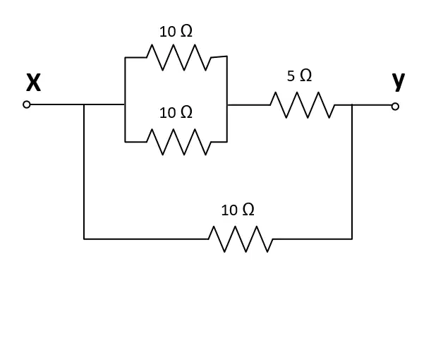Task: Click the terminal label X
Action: [x=33, y=83]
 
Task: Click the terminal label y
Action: [x=399, y=82]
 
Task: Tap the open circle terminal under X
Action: [x=27, y=104]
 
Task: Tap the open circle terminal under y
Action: [x=395, y=107]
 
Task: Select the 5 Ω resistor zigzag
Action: [x=303, y=105]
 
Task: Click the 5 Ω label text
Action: [x=300, y=76]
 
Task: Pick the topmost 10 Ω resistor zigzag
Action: [x=179, y=57]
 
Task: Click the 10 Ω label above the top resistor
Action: [x=176, y=31]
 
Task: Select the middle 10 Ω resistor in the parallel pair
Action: [x=179, y=142]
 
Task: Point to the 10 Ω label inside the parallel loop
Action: [x=176, y=112]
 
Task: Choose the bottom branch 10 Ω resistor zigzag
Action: [x=241, y=239]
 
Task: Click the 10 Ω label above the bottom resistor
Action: [x=238, y=210]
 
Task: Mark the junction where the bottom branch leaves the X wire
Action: [x=84, y=104]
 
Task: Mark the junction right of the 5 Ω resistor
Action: [x=352, y=105]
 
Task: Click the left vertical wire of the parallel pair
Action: [x=125, y=100]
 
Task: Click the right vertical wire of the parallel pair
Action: [x=227, y=99]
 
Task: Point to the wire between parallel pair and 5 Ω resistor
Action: [x=248, y=105]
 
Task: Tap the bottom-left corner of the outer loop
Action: [x=84, y=239]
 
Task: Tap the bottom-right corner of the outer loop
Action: [x=352, y=239]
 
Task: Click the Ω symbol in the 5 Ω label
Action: [x=306, y=76]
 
